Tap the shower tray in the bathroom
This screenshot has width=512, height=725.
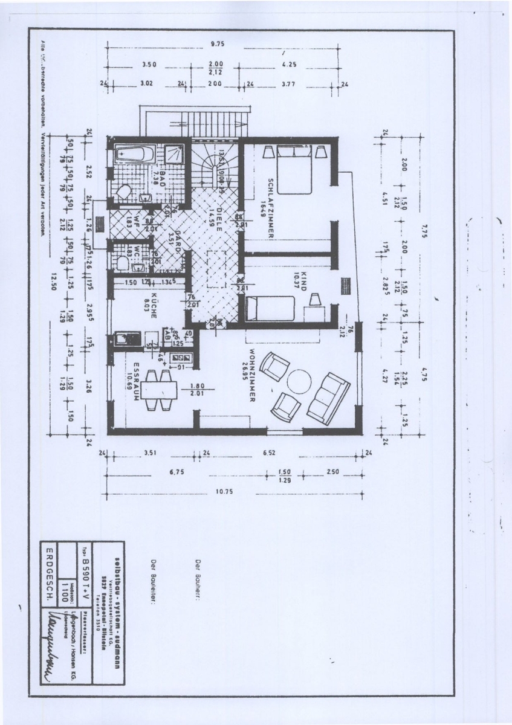(175, 153)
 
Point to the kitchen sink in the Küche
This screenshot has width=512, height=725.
(128, 338)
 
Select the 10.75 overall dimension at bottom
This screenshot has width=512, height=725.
(225, 491)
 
